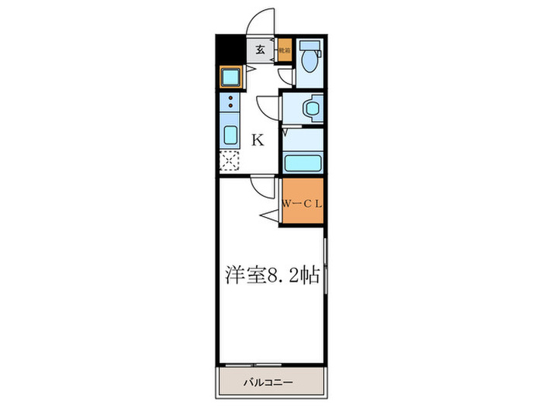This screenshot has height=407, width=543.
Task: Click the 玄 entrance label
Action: click(x=261, y=50)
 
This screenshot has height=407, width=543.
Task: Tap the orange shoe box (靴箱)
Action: click(x=285, y=50)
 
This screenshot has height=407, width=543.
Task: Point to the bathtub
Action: click(x=303, y=163)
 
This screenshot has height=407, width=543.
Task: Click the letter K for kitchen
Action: click(x=258, y=140)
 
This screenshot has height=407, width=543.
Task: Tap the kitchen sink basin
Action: click(x=231, y=134)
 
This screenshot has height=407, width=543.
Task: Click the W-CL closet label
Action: click(x=301, y=204)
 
